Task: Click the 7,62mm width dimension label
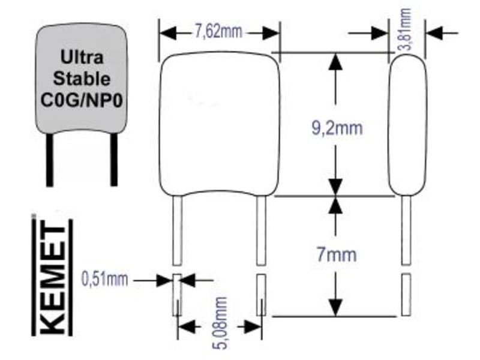click(218, 31)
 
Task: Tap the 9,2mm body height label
click(337, 128)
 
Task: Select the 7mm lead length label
click(337, 254)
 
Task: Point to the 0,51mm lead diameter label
click(104, 279)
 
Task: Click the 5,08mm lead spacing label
click(220, 323)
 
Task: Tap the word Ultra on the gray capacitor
click(82, 57)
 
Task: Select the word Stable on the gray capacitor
click(82, 79)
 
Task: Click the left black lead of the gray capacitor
click(49, 159)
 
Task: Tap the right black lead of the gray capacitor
click(114, 159)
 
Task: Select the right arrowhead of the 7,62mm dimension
click(271, 32)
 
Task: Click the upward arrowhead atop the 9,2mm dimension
click(337, 62)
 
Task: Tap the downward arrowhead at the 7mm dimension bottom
click(337, 307)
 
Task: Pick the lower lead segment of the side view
click(406, 295)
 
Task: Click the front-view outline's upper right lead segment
click(261, 230)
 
